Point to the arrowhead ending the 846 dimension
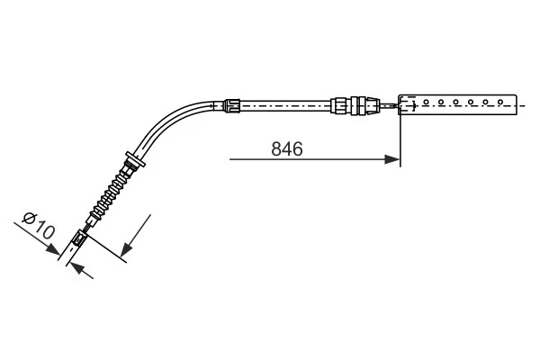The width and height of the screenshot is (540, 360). pos(393,160)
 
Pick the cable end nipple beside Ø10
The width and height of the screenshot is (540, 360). pos(77,239)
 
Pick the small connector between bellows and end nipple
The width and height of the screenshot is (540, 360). pos(93,217)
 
